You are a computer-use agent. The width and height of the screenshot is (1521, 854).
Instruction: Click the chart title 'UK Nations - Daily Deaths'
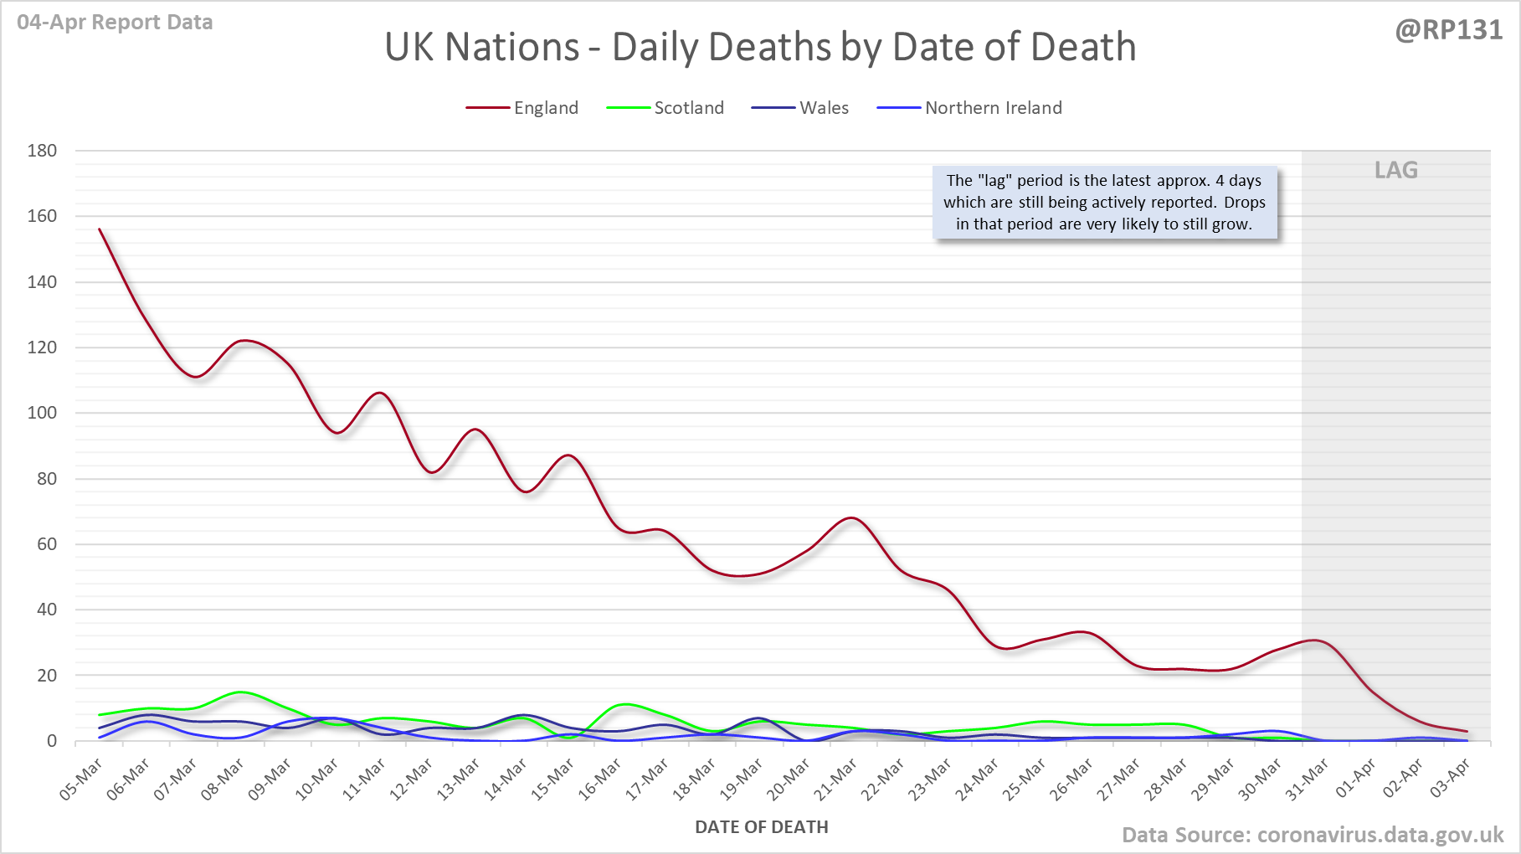760,47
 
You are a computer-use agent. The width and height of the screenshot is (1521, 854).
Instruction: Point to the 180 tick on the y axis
42,151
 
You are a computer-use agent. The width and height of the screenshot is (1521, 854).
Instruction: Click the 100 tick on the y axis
42,413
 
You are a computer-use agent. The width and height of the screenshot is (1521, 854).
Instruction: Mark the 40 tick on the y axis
47,610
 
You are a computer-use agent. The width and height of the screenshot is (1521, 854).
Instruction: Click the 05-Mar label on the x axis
81,779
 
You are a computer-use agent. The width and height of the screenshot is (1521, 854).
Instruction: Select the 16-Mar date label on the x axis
600,779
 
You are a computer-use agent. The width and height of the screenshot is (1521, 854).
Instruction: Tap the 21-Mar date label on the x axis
836,779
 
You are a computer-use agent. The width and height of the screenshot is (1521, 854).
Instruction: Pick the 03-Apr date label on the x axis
1450,779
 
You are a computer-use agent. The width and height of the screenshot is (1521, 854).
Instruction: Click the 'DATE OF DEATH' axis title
761,827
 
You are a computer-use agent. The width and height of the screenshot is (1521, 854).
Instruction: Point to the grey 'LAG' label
1395,170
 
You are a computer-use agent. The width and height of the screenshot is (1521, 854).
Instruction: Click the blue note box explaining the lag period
1104,203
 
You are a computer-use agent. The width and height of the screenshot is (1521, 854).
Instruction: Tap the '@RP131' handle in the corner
1448,30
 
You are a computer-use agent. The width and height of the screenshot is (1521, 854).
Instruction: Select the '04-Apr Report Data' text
115,23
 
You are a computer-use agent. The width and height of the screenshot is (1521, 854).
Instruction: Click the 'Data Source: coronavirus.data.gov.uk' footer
1312,835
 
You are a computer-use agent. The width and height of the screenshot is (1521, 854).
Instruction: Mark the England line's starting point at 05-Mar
100,229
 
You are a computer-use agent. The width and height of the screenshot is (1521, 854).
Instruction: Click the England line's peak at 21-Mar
852,517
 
